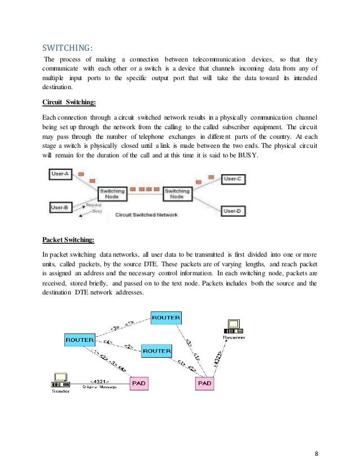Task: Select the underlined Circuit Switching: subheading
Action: tap(69, 103)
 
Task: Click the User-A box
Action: tap(60, 174)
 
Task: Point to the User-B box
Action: tap(60, 208)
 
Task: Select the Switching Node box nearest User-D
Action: tap(177, 194)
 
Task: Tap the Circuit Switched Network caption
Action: tap(146, 215)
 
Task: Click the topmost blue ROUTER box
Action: tap(166, 318)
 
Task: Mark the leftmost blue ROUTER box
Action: tap(80, 340)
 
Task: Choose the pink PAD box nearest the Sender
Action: tap(138, 383)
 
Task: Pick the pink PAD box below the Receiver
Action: tap(204, 383)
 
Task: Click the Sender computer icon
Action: tap(61, 379)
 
